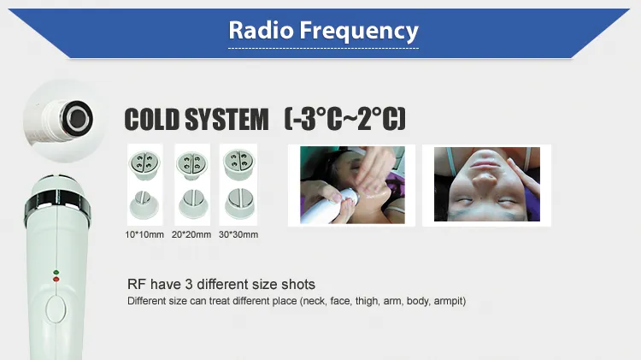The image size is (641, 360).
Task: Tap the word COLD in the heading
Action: [156, 120]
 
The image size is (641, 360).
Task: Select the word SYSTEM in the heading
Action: [228, 120]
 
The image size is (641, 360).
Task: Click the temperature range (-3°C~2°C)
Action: [344, 120]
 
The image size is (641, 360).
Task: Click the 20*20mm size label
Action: [191, 233]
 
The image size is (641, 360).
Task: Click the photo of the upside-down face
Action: [487, 184]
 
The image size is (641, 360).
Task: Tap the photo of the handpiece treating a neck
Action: [350, 184]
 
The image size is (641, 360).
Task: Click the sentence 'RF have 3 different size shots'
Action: [221, 285]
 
